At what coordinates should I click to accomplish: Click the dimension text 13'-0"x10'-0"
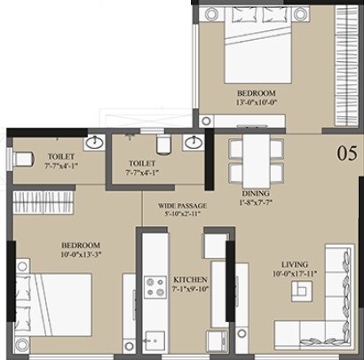coord(257,103)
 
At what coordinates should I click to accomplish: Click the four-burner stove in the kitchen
coord(155,286)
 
